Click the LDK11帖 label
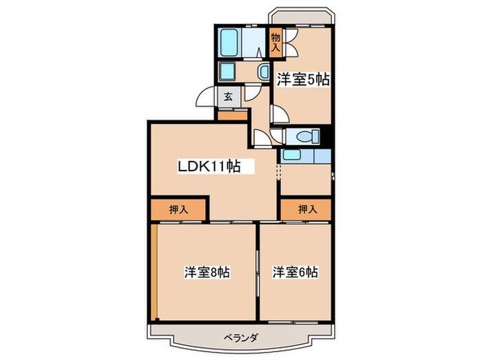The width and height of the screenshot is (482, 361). click(209, 166)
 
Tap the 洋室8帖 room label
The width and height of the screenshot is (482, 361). click(207, 272)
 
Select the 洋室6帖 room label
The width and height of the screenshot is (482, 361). click(295, 272)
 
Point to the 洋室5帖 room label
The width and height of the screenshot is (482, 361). click(303, 80)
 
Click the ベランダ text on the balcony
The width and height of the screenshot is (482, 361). click(240, 337)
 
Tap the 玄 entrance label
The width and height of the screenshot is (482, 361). click(228, 97)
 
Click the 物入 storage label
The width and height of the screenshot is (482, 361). click(275, 43)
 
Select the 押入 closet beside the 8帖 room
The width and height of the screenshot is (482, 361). click(178, 210)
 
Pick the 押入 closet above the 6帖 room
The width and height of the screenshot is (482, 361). click(307, 210)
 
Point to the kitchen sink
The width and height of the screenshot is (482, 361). click(292, 155)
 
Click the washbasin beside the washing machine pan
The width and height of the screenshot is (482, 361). click(263, 72)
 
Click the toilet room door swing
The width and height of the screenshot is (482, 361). click(262, 138)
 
